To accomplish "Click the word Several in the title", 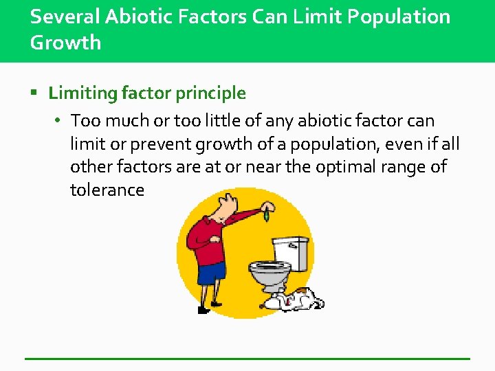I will coord(64,16).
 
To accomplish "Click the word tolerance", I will coord(107,190).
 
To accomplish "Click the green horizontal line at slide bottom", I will coord(247,359).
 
